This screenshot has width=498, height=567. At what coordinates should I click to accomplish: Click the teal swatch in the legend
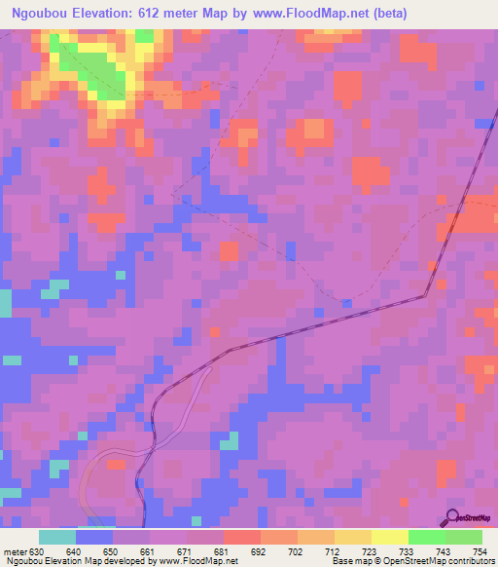pos(57,537)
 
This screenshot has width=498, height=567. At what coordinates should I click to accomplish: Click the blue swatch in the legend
pos(94,537)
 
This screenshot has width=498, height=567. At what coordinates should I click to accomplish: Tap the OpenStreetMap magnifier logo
pos(453,517)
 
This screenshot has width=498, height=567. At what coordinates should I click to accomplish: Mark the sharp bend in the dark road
pos(426,294)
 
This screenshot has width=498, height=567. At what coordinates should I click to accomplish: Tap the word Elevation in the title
pos(103,13)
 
